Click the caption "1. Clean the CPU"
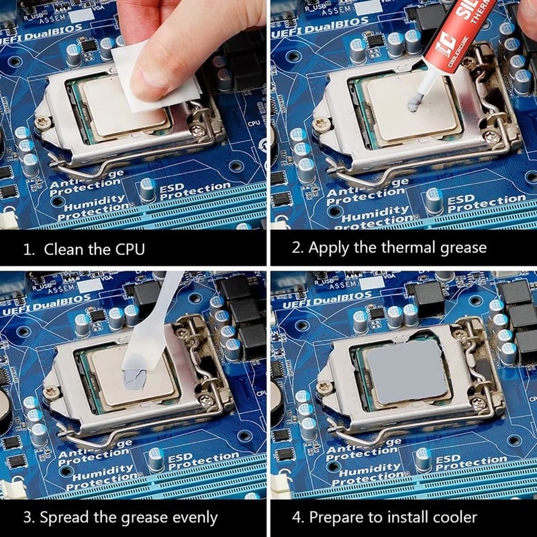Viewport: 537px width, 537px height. (x=84, y=249)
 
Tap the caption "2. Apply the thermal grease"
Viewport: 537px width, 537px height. (x=389, y=247)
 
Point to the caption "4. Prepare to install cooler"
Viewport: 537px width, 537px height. (x=385, y=518)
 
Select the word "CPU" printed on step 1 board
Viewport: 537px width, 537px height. (x=254, y=124)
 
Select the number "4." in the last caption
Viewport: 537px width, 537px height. (x=299, y=518)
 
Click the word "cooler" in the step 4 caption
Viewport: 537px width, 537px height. (x=453, y=518)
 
